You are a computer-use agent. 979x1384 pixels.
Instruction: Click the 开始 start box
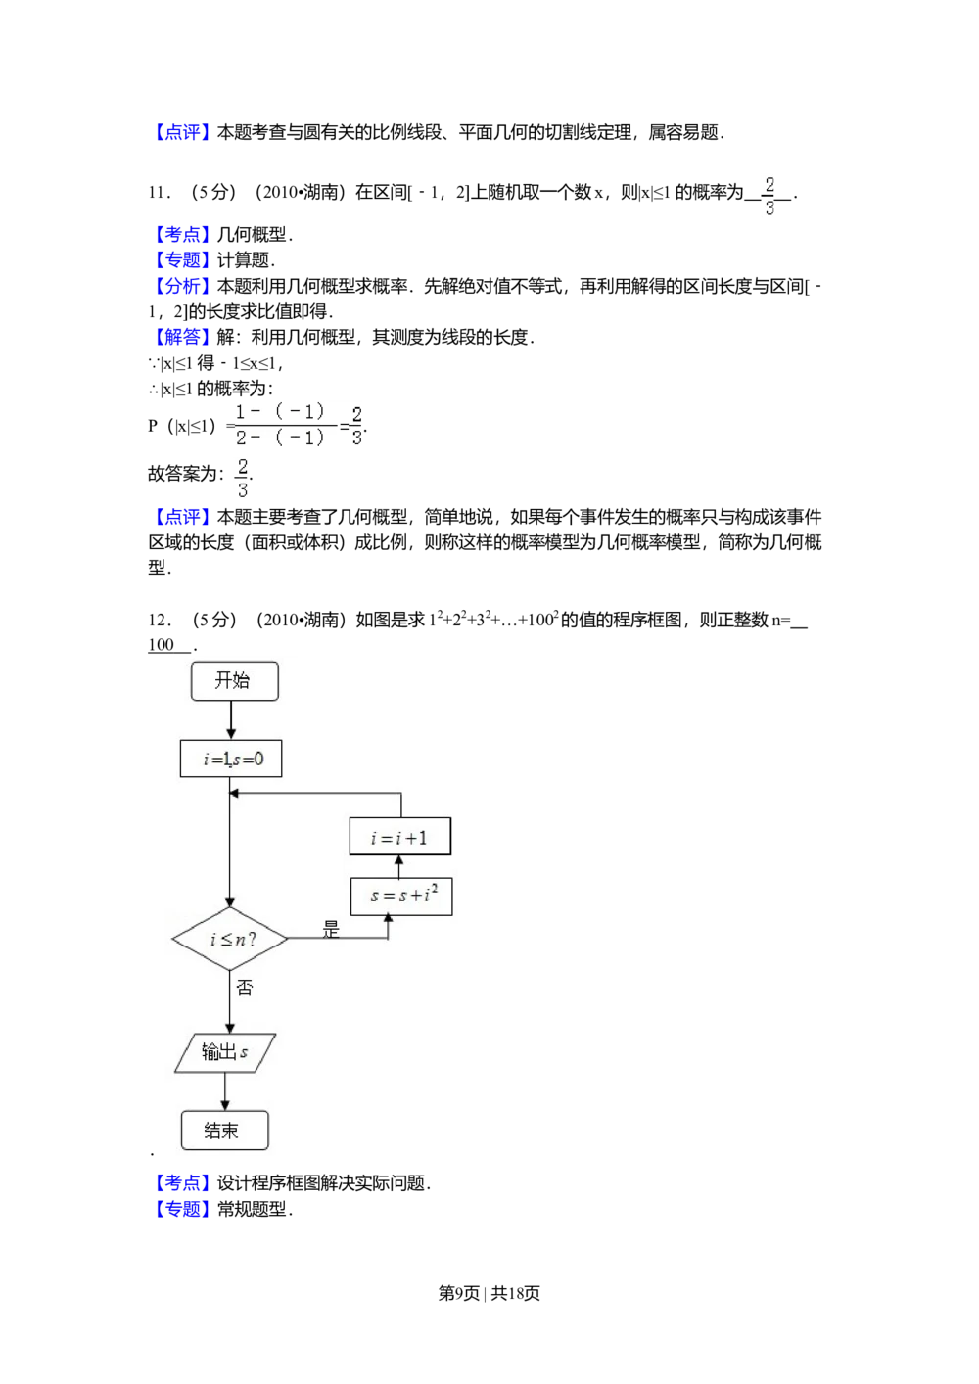[234, 681]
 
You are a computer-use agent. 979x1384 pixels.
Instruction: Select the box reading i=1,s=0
[231, 759]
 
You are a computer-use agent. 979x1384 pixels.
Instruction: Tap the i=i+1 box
[400, 837]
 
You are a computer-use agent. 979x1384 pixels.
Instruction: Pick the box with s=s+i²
[401, 896]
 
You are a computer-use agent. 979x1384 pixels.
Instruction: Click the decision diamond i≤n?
[230, 939]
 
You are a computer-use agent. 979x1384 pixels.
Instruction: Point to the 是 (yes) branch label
[331, 930]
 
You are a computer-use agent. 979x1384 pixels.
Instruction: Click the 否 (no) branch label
[245, 989]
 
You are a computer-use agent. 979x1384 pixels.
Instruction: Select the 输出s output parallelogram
[225, 1053]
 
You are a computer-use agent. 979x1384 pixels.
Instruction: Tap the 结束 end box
[224, 1130]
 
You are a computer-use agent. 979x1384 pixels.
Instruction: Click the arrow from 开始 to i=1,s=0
[231, 720]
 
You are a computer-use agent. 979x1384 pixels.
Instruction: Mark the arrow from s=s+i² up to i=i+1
[398, 866]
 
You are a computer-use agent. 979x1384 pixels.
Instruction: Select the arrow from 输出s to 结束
[225, 1092]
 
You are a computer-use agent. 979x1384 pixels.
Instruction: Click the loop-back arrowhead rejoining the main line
[236, 794]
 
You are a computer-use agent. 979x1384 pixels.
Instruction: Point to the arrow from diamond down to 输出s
[230, 1003]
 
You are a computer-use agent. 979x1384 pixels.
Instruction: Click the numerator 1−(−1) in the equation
[280, 413]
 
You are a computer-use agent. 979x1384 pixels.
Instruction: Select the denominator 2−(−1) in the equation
[280, 438]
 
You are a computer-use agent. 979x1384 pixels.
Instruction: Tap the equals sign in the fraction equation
[344, 427]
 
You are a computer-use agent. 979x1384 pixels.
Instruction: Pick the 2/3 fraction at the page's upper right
[769, 197]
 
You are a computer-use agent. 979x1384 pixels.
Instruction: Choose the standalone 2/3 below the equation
[242, 478]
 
